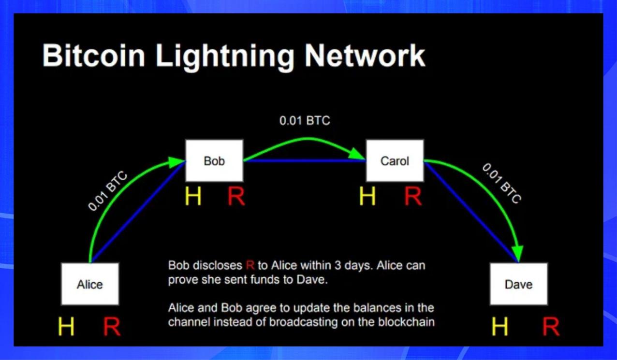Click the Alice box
[x=90, y=284]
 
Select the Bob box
[x=214, y=160]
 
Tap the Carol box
[x=395, y=160]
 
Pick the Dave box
[x=518, y=284]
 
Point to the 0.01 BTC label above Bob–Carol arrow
[x=305, y=120]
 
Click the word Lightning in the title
[x=225, y=56]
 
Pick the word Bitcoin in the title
[x=94, y=56]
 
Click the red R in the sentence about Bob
[x=250, y=265]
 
